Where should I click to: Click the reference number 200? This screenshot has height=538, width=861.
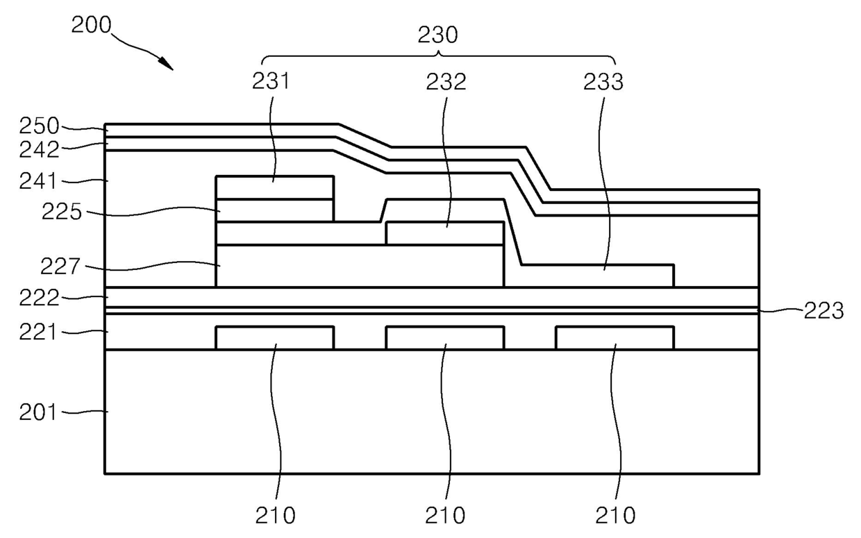(x=91, y=26)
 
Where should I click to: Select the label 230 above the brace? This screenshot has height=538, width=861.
(x=439, y=35)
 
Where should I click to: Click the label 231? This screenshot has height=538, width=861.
(x=271, y=82)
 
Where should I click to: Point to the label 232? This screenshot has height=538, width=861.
(x=446, y=82)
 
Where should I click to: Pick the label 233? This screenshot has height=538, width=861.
(x=603, y=82)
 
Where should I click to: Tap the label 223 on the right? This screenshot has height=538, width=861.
(x=824, y=311)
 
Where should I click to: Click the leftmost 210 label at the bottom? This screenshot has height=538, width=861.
(x=275, y=515)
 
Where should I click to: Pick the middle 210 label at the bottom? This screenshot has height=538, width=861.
(x=445, y=515)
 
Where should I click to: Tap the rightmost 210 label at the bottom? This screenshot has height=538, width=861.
(x=615, y=515)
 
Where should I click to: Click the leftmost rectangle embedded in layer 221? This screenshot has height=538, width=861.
(x=275, y=338)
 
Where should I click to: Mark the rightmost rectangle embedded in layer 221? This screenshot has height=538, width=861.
(x=615, y=338)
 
